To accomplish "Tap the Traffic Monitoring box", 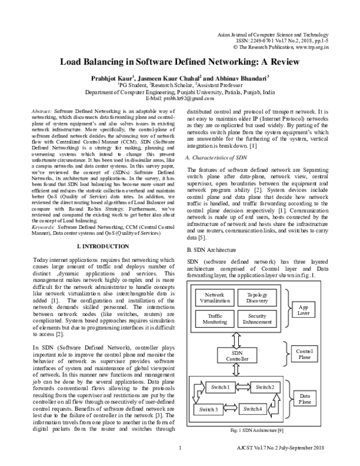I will [x=215, y=319].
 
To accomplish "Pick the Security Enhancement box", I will [x=257, y=319].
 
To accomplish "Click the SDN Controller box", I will [x=236, y=356].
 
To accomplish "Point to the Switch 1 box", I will [x=219, y=387].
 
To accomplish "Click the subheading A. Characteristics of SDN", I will [x=216, y=157].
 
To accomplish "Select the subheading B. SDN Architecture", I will [x=211, y=249].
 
